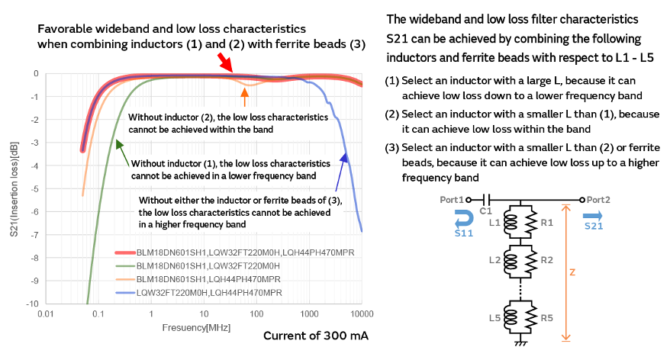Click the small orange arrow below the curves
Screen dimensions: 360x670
244,97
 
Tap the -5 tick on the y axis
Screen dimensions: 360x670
34,189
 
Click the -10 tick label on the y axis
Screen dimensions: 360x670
32,304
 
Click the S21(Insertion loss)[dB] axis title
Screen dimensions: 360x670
14,188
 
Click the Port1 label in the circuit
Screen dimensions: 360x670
453,199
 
